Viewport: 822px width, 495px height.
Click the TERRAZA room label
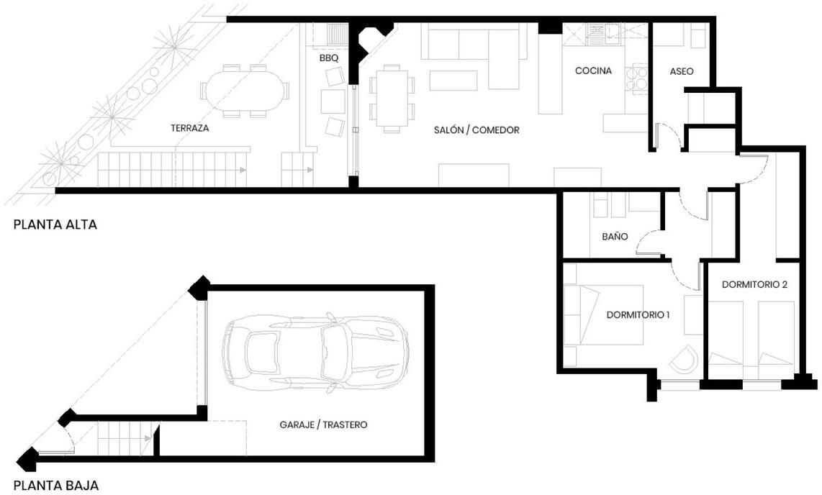pos(190,128)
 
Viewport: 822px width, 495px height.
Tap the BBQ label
pos(329,58)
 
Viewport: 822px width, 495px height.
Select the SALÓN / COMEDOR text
pos(477,130)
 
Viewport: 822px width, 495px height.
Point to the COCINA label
pos(593,71)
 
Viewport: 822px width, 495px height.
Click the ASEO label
pos(682,71)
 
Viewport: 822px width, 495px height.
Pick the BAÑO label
pos(615,236)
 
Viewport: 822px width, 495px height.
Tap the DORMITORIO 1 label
pos(638,315)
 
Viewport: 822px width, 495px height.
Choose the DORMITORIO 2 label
pos(754,284)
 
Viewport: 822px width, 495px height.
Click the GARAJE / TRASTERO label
pos(323,424)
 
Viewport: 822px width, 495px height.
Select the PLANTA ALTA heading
pos(55,224)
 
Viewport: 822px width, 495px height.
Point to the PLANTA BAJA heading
pos(55,486)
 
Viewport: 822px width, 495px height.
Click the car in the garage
pos(315,352)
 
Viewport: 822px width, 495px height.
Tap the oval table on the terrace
pos(245,91)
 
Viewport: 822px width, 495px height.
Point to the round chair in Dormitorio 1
pos(684,359)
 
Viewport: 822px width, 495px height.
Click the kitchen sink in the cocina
pos(597,33)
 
